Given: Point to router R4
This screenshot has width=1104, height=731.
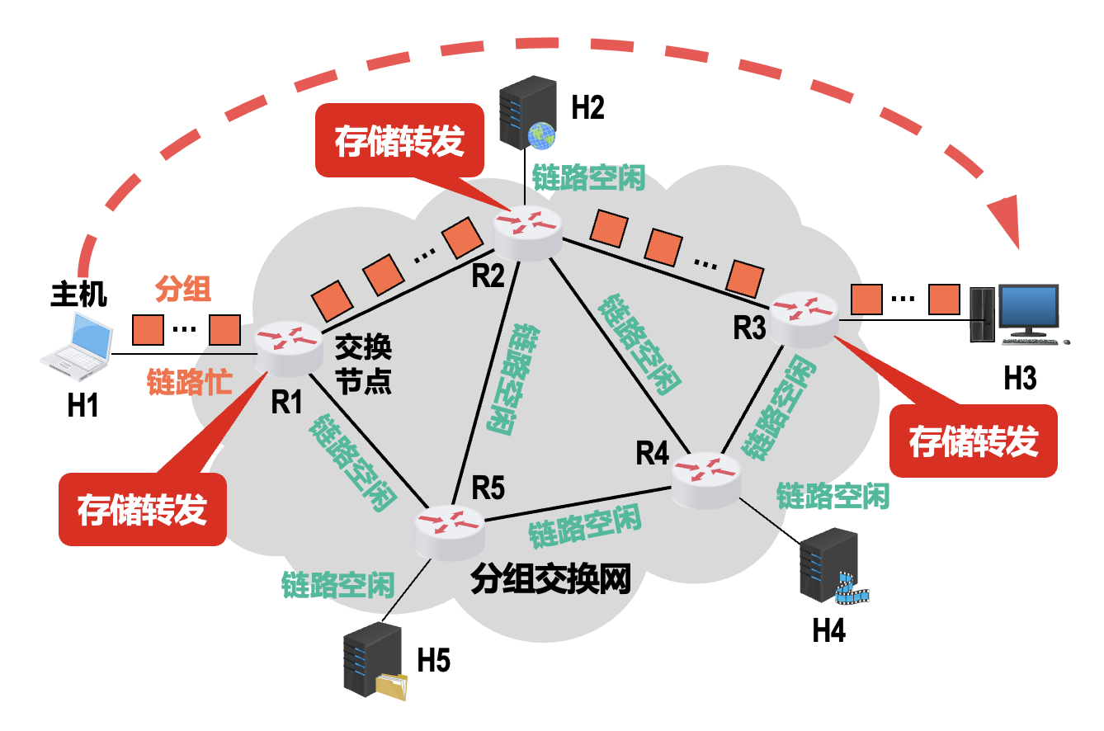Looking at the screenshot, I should tap(706, 478).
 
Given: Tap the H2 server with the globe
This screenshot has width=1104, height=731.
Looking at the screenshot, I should tap(528, 112).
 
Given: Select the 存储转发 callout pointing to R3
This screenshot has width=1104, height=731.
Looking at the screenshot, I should tap(974, 441).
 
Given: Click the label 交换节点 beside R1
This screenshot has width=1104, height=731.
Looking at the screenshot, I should tap(363, 366).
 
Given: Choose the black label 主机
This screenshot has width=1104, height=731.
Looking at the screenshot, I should tap(79, 294).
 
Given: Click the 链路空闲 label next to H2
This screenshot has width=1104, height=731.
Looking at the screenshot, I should tap(588, 177).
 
